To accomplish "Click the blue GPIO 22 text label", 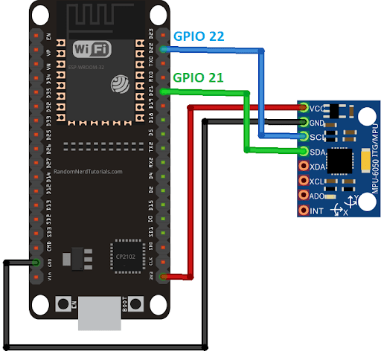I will point(197,36).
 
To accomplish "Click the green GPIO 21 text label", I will point(197,77).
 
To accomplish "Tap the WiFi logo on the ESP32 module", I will point(92,50).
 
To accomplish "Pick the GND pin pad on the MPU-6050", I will point(304,123).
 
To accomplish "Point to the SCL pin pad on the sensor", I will point(304,137).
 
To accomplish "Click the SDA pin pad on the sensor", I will point(304,151).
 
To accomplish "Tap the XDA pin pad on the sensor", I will point(304,166).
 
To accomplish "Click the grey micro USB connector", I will point(100,314).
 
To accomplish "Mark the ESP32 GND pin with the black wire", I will point(35,262).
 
